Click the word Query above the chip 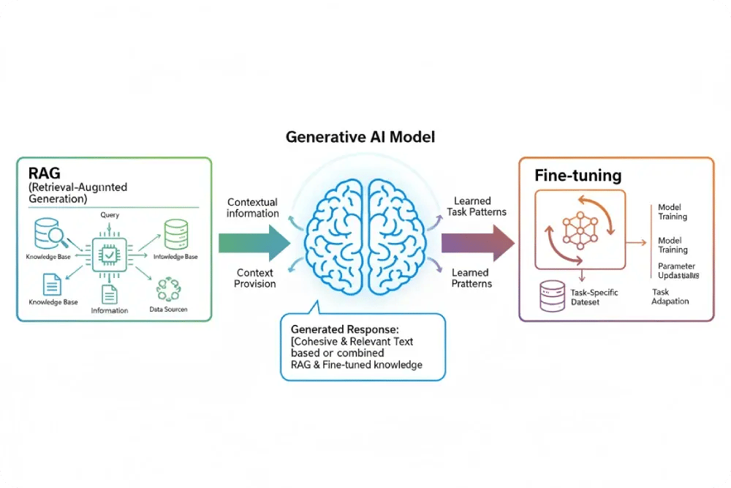tap(109, 215)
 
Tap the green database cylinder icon tap(175, 235)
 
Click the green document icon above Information tap(109, 294)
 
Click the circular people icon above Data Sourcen tap(168, 288)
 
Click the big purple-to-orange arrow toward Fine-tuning tap(477, 243)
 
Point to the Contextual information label tap(253, 208)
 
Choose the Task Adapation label tap(670, 296)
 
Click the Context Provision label tap(255, 278)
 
